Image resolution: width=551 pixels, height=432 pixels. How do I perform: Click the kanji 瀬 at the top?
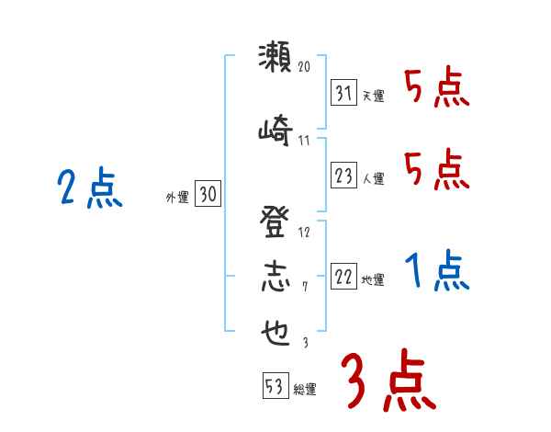[x=274, y=59]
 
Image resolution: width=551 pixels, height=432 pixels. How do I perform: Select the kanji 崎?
[x=274, y=131]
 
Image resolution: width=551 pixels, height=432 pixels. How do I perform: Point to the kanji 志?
[x=274, y=278]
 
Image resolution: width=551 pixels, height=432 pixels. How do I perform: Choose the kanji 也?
[x=274, y=332]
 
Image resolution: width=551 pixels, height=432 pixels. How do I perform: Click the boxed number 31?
[x=343, y=93]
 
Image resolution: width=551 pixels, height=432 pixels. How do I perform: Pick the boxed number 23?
[x=343, y=176]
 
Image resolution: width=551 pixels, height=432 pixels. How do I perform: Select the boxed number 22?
[x=343, y=279]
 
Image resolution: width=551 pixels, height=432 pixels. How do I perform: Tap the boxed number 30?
[x=208, y=194]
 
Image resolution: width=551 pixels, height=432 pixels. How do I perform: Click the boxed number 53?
[x=275, y=387]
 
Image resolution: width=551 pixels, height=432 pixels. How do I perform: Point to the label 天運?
[x=373, y=96]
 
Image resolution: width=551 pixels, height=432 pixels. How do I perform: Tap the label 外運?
[x=177, y=196]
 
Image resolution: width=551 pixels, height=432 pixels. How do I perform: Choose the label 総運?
[x=305, y=390]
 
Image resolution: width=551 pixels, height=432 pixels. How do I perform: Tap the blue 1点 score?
[x=437, y=272]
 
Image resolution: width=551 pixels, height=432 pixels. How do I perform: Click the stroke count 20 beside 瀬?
[x=305, y=67]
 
